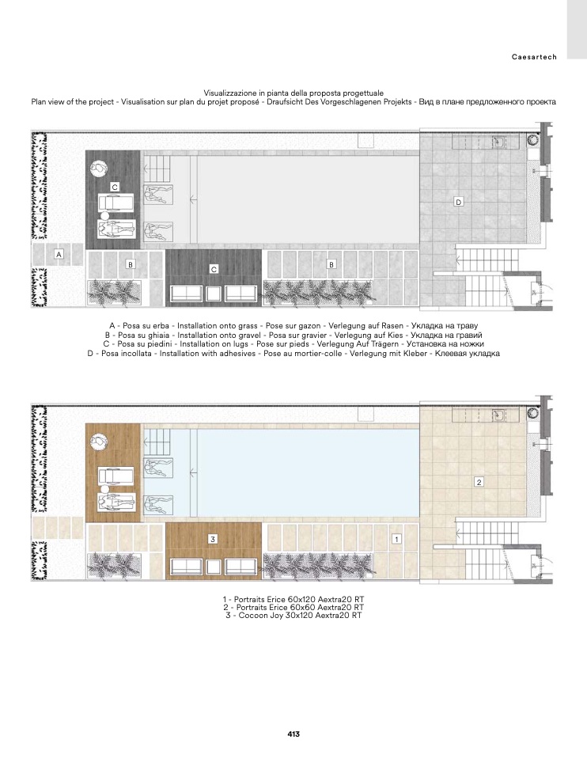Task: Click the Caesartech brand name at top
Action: pyautogui.click(x=534, y=57)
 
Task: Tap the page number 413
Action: pyautogui.click(x=293, y=734)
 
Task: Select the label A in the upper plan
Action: pyautogui.click(x=59, y=254)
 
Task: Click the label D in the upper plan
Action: pyautogui.click(x=458, y=202)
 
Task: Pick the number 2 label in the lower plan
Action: pyautogui.click(x=479, y=482)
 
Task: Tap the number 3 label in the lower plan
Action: pyautogui.click(x=213, y=540)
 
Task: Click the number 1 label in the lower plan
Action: pyautogui.click(x=397, y=539)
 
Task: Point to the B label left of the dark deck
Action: pyautogui.click(x=131, y=264)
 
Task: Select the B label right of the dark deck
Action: pyautogui.click(x=331, y=264)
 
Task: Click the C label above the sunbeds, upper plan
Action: pyautogui.click(x=115, y=187)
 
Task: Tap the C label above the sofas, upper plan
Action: pyautogui.click(x=214, y=269)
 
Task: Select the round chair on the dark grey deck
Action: pyautogui.click(x=99, y=168)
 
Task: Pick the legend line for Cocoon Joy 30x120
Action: pyautogui.click(x=293, y=616)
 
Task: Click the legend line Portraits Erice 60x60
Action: pyautogui.click(x=293, y=607)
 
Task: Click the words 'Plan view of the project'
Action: pyautogui.click(x=72, y=102)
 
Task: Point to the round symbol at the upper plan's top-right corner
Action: pyautogui.click(x=532, y=140)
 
